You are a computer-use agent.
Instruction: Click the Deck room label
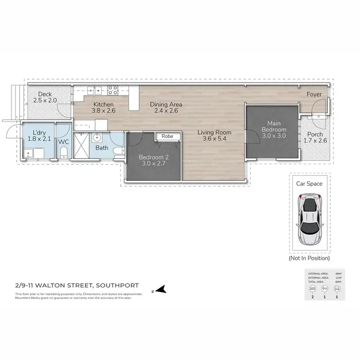pyautogui.click(x=45, y=97)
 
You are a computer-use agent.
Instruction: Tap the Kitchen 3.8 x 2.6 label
pyautogui.click(x=103, y=108)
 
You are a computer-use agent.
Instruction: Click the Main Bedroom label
pyautogui.click(x=274, y=130)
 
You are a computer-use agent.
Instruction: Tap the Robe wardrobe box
pyautogui.click(x=167, y=136)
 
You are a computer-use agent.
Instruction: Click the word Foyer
pyautogui.click(x=315, y=95)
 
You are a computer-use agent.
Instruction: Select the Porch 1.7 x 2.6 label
pyautogui.click(x=315, y=137)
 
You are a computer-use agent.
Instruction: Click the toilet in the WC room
pyautogui.click(x=63, y=153)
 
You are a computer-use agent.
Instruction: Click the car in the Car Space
pyautogui.click(x=310, y=218)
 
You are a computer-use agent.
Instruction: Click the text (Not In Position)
pyautogui.click(x=309, y=258)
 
